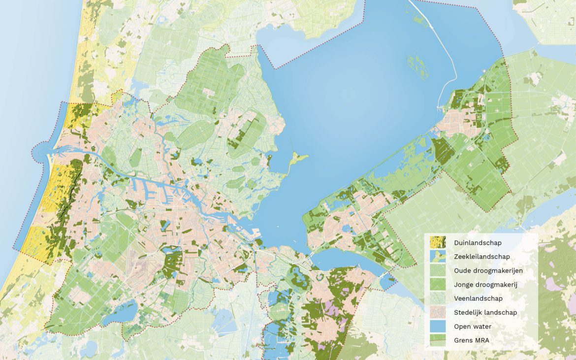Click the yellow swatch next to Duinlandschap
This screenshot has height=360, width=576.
[438, 243]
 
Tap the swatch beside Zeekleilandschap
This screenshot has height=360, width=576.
[438, 257]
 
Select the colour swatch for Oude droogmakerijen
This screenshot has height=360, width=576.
[438, 270]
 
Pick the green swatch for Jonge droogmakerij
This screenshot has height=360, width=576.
[438, 284]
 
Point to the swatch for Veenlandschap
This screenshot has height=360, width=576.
[438, 298]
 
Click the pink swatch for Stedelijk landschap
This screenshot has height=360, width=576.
[438, 312]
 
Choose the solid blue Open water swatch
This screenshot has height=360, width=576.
[438, 326]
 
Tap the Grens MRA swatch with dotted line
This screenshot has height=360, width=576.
[438, 340]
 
